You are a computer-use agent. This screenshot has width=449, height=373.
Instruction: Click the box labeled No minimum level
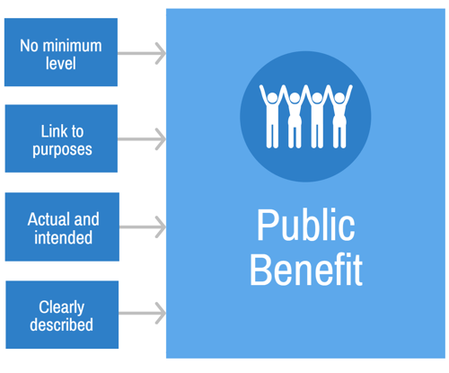(60, 52)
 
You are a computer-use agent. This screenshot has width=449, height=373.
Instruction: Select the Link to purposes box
(60, 139)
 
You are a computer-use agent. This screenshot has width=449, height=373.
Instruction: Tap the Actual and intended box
(62, 226)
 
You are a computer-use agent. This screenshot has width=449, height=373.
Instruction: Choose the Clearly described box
(62, 315)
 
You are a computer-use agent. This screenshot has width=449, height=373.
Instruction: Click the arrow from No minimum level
(142, 53)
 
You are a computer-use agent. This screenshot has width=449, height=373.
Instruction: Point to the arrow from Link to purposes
(142, 139)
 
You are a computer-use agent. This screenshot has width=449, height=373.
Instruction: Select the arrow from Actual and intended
(142, 226)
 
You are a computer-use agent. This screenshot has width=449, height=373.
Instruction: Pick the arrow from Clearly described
(142, 315)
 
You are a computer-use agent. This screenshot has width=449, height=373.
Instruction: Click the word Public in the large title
(305, 226)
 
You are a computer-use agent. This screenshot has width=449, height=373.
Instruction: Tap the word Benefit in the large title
(305, 269)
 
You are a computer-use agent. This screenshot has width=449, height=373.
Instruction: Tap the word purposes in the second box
(60, 149)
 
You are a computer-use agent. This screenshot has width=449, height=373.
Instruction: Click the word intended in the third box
(60, 237)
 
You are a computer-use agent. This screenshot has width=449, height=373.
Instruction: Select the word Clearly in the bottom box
(62, 306)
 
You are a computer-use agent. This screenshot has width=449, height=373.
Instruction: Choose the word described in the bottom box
(62, 324)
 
